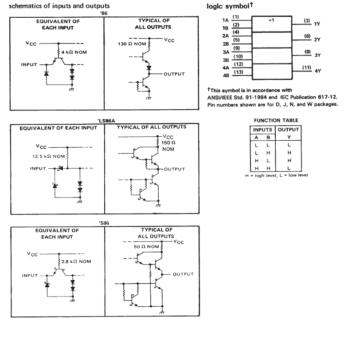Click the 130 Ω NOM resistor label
132,44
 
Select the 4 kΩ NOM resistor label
74,52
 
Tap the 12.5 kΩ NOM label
48,156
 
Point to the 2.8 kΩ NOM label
76,262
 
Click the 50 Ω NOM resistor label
146,247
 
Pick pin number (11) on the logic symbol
307,67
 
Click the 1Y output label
317,24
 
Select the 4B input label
226,75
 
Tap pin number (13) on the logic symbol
239,72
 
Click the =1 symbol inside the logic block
271,20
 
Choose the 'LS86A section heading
106,121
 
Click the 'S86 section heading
104,223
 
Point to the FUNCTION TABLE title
276,120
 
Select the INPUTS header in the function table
262,130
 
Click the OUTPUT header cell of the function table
288,130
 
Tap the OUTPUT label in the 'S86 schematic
183,274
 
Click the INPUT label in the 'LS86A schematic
38,169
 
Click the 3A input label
226,52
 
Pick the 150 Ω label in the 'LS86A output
168,142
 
